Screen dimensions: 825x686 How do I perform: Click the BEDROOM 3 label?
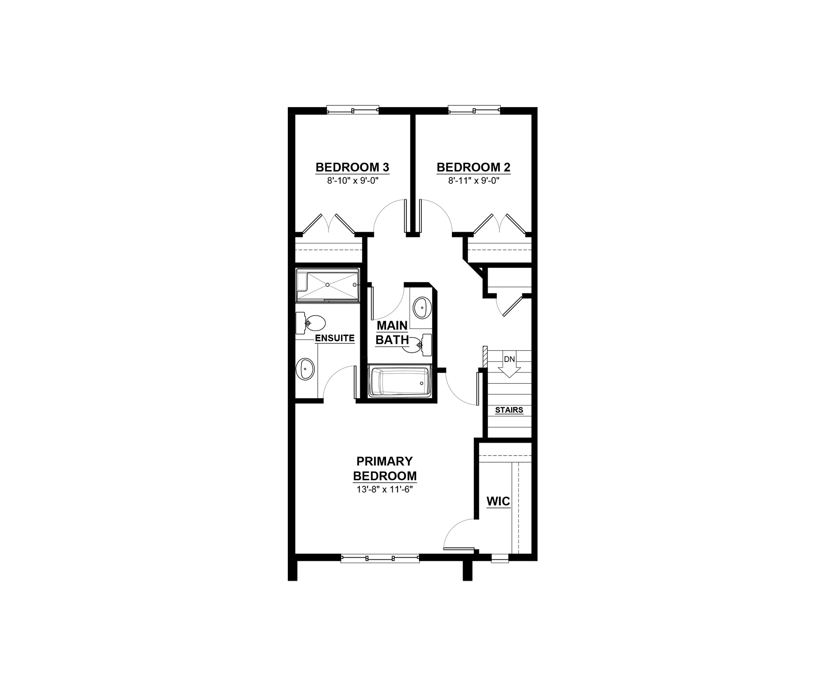pos(352,167)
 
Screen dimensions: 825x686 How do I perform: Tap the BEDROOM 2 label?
pos(474,167)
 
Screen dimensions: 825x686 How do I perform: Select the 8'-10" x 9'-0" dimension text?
pos(352,181)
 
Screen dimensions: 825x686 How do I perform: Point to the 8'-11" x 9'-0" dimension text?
pos(474,181)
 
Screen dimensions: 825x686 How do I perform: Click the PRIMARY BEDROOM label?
pos(385,469)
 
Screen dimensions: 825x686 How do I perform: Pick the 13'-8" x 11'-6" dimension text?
pos(385,489)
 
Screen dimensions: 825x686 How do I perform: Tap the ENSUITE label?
pos(335,338)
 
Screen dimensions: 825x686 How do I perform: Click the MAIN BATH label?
pos(392,333)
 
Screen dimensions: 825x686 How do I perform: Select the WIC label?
pos(498,501)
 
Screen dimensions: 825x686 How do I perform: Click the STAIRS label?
pos(509,410)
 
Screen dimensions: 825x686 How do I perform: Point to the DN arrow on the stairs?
pos(509,365)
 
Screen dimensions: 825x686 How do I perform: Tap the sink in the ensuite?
pos(306,369)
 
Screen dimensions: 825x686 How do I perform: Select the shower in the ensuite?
pos(328,285)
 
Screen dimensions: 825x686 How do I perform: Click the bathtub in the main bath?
pos(400,382)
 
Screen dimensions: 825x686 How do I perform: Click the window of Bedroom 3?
pos(353,110)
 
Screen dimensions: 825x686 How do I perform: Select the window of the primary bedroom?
pos(380,559)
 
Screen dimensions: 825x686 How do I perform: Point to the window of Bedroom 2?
pos(475,110)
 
